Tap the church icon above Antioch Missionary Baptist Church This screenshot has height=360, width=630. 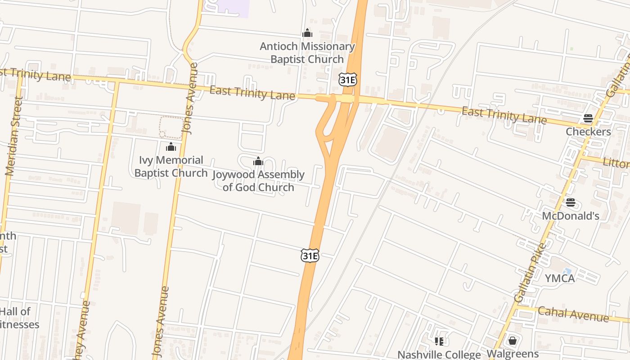[307, 33]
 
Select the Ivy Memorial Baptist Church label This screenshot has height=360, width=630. [171, 166]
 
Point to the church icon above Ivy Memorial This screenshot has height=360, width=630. [171, 147]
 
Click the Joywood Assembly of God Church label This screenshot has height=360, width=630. [258, 181]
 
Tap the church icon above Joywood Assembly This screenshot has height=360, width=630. [258, 161]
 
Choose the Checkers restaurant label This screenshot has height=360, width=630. [588, 132]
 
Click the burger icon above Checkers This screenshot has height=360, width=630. [588, 118]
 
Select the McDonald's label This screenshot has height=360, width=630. [570, 216]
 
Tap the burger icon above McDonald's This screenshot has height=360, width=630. [571, 202]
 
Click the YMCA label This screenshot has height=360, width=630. [560, 279]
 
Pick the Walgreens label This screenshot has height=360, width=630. [513, 354]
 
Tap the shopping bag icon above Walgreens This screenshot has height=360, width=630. [513, 341]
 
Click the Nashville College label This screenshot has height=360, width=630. [439, 355]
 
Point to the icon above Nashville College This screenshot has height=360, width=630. [439, 342]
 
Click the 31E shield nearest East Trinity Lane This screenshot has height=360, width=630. [348, 79]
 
